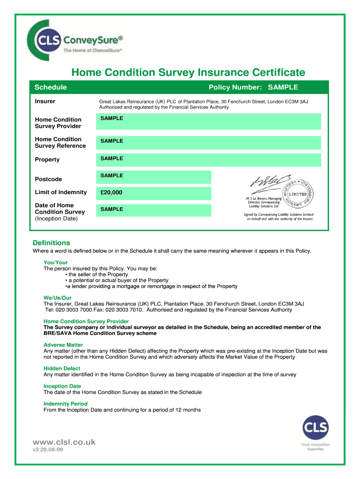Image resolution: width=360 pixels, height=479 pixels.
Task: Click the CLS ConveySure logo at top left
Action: point(75,41)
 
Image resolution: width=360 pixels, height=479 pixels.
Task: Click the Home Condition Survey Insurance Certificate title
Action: point(188,73)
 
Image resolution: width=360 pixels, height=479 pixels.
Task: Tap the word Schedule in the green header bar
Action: point(50,87)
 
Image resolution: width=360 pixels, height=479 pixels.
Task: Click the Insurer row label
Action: point(45,102)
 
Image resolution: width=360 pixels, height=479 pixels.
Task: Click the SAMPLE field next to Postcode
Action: point(154,176)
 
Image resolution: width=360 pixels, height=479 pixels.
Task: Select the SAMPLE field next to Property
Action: point(208,160)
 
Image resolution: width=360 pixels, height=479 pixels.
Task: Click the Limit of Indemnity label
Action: point(61,192)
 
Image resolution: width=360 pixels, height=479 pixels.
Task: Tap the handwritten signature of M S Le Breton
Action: point(266,183)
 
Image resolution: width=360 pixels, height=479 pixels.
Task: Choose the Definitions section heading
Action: point(51,243)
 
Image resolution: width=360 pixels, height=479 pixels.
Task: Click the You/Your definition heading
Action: point(56,262)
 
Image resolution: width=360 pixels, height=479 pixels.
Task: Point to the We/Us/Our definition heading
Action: point(58,298)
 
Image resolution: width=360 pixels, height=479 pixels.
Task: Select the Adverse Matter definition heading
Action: point(63,345)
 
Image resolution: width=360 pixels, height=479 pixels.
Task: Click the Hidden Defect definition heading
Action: point(62,369)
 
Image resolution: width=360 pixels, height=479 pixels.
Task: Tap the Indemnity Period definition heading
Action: point(65,404)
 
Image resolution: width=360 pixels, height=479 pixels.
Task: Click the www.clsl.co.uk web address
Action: point(64,442)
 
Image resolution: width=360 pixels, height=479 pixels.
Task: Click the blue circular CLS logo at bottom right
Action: point(315,428)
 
